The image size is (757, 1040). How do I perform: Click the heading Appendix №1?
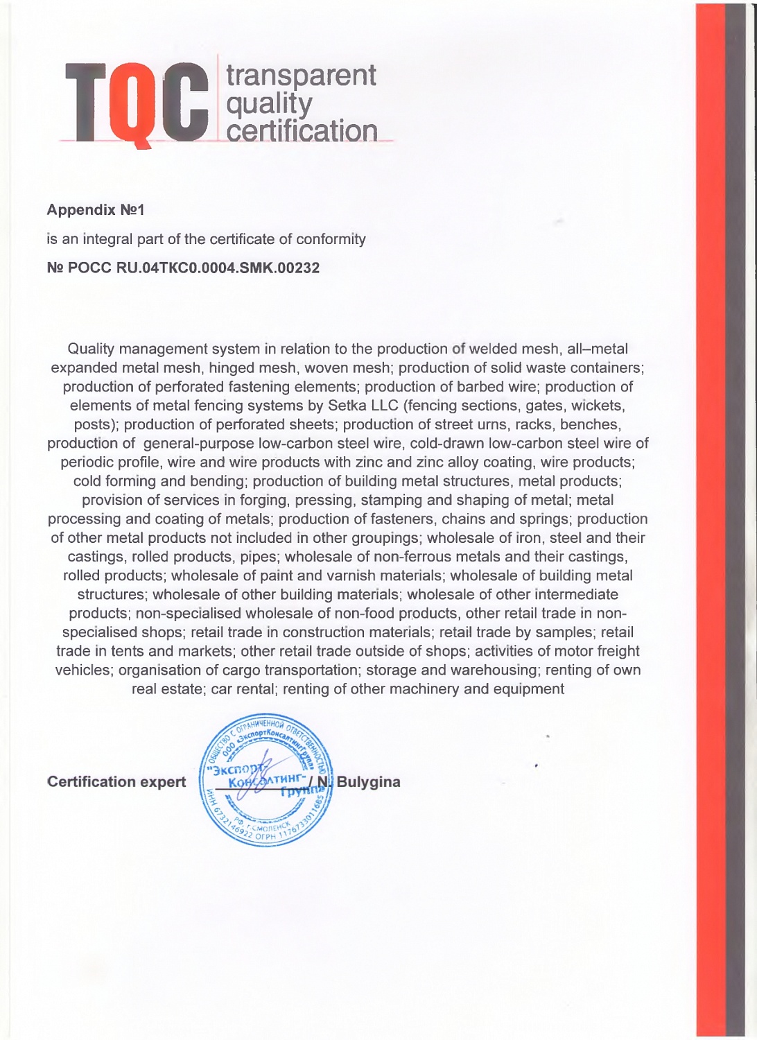point(95,210)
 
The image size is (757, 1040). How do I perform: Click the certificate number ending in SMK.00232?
point(183,268)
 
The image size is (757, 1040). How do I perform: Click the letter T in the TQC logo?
point(86,102)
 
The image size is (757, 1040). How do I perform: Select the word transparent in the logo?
point(301,75)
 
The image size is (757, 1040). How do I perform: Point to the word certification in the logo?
point(302,130)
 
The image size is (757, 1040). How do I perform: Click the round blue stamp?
point(266,781)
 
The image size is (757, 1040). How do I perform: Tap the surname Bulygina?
point(368,782)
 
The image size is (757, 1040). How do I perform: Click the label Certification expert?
point(116,782)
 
